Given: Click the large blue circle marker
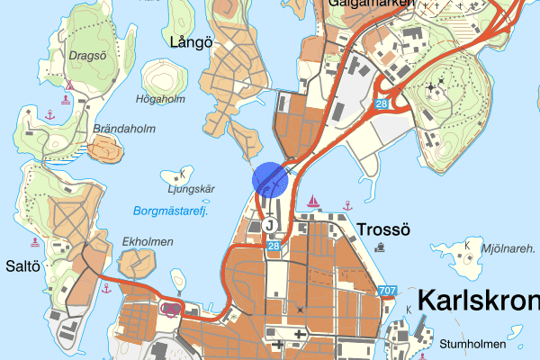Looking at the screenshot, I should click(x=270, y=178).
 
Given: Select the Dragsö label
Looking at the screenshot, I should click(x=86, y=56).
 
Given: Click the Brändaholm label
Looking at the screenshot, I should click(x=124, y=129).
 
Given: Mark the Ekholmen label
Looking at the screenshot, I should click(x=143, y=242).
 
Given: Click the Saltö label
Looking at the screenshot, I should click(x=23, y=266).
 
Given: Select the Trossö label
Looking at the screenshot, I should click(x=383, y=229).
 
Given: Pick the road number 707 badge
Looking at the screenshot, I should click(x=387, y=291).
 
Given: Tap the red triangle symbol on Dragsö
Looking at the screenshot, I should click(x=68, y=86).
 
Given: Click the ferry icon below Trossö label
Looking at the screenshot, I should click(x=382, y=247).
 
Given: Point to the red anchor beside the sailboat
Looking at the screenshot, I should click(x=346, y=205).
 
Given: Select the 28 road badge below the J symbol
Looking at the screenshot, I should click(x=274, y=246).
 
